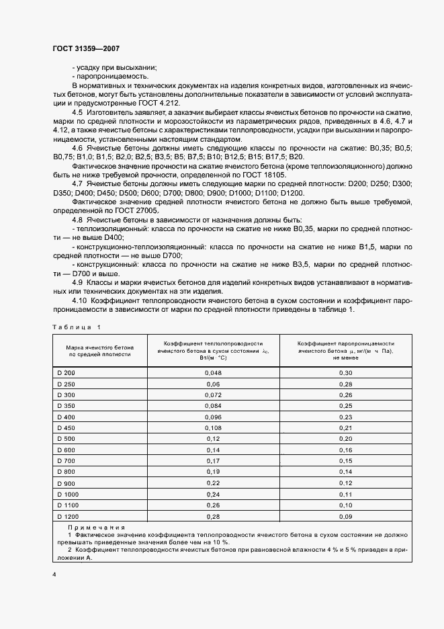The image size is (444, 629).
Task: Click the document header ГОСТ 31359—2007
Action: [x=86, y=49]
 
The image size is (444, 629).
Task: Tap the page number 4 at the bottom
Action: [x=54, y=575]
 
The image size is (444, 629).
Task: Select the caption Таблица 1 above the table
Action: [x=75, y=327]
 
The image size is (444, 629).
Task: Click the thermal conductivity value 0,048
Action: [x=212, y=372]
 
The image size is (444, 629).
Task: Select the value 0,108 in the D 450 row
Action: [x=212, y=427]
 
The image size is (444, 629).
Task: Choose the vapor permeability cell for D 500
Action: [x=345, y=438]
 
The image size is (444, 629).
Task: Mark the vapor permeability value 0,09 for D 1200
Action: [x=345, y=516]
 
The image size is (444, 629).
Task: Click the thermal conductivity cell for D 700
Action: [x=212, y=460]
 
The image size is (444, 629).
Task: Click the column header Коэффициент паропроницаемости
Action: [x=345, y=343]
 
